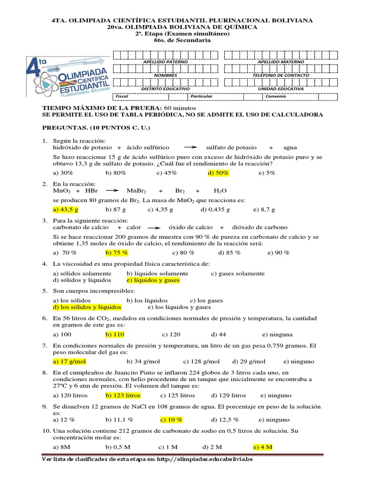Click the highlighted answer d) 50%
click(218, 173)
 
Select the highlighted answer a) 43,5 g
click(66, 209)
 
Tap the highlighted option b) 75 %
click(117, 252)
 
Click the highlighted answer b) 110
click(115, 334)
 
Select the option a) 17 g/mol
click(69, 361)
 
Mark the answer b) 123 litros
click(123, 395)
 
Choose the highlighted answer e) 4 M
click(262, 447)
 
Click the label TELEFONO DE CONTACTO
click(280, 75)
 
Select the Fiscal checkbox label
click(122, 96)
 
